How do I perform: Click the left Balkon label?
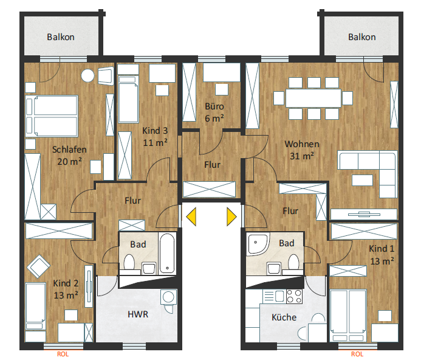tap(61, 37)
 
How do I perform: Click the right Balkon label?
tap(362, 37)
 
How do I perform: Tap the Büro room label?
tap(214, 106)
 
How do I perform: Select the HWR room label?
tap(138, 314)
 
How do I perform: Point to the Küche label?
tap(284, 317)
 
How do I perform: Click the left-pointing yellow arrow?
tap(191, 216)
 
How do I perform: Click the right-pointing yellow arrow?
tap(231, 216)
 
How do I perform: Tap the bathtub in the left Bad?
tap(167, 253)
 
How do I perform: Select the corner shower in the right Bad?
tap(258, 244)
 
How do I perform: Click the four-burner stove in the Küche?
tap(294, 296)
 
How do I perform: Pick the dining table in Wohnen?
tap(313, 98)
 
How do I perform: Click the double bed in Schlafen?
tap(52, 116)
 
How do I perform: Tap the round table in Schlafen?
tap(88, 75)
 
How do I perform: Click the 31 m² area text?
tap(302, 156)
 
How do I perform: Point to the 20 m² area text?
tap(69, 162)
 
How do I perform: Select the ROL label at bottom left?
tap(63, 354)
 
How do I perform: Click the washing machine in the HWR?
tap(169, 297)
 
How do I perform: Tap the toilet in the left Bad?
tap(129, 262)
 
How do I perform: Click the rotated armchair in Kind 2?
tap(38, 266)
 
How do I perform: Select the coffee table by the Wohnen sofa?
tap(362, 180)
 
